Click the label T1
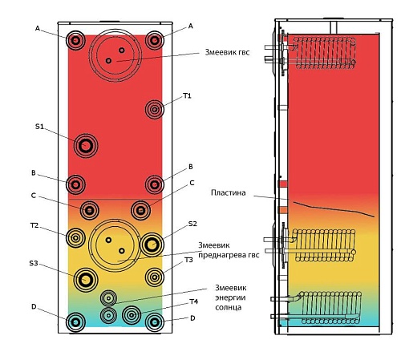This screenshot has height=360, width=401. tap(187, 95)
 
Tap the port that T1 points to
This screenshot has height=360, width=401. tap(155, 109)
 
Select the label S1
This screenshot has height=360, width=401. tap(39, 127)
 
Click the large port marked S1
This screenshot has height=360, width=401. tap(86, 146)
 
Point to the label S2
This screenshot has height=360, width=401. tap(192, 224)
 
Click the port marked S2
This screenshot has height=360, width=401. tap(152, 245)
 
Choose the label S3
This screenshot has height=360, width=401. tap(34, 264)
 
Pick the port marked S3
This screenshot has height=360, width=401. tap(86, 280)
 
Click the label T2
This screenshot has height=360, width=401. tap(34, 225)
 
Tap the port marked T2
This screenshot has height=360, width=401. tap(75, 237)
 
